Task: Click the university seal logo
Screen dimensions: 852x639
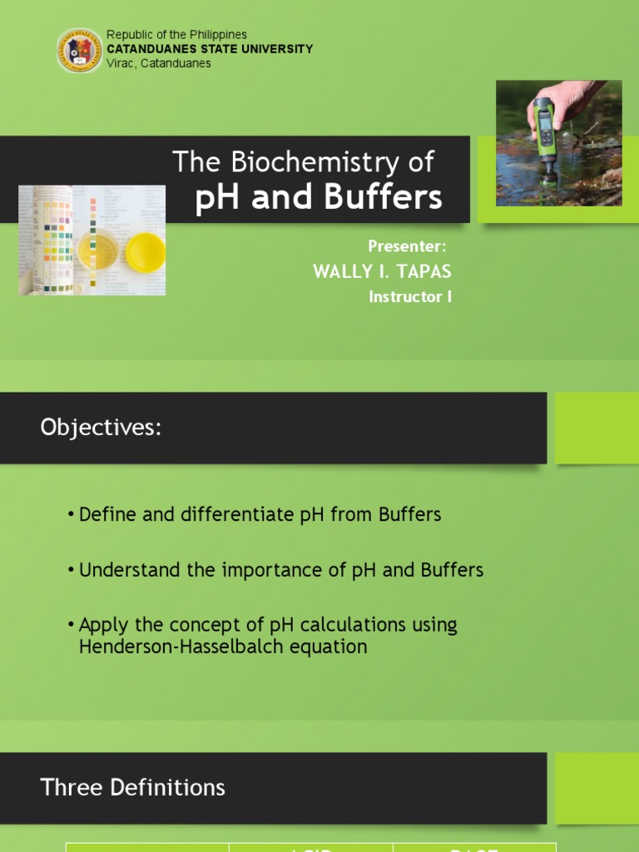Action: tap(80, 50)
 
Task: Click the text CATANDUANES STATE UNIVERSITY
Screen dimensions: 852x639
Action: tap(210, 49)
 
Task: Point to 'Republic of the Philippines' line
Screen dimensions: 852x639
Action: tap(176, 35)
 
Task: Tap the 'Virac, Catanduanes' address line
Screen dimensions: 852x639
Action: tap(159, 63)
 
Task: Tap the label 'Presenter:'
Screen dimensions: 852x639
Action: tap(408, 246)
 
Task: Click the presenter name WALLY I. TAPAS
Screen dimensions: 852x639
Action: tap(382, 272)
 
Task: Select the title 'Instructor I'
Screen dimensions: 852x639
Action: tap(410, 297)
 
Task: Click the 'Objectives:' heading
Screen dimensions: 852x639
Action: tap(100, 428)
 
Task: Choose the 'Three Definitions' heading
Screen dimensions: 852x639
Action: tap(133, 787)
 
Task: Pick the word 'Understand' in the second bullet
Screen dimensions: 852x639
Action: tap(130, 570)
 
